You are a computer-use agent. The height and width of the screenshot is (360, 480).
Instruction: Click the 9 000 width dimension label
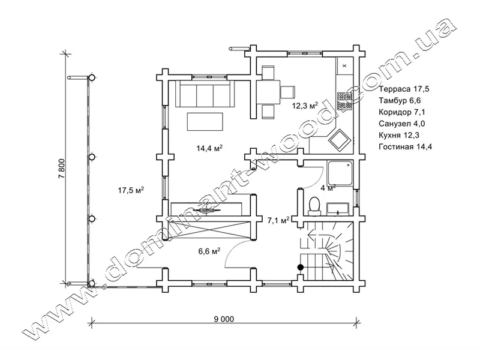[224, 319]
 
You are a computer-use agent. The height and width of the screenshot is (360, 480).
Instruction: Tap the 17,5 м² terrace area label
[131, 190]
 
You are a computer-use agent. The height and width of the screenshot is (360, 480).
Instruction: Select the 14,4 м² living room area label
[209, 148]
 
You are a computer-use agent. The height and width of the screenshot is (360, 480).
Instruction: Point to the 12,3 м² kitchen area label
[305, 106]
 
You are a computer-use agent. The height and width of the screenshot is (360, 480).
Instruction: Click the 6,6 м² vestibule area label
[209, 251]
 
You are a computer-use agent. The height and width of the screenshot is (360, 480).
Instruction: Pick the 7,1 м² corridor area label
[278, 220]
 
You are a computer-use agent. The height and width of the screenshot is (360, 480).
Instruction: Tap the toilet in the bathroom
[314, 206]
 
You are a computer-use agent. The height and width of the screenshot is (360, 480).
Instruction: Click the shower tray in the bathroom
[341, 173]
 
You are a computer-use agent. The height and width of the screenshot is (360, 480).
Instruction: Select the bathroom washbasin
[338, 208]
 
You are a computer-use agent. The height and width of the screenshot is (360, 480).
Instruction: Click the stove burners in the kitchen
[344, 101]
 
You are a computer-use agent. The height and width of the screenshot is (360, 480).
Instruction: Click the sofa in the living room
[205, 94]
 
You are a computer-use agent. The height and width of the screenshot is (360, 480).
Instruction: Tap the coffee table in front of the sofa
[205, 122]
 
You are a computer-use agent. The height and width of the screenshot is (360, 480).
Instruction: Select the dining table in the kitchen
[268, 92]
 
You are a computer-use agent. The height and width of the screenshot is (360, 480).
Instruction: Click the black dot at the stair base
[301, 267]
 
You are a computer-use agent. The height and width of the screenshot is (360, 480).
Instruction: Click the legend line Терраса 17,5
[404, 89]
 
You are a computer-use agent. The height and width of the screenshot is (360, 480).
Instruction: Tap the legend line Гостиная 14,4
[406, 146]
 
